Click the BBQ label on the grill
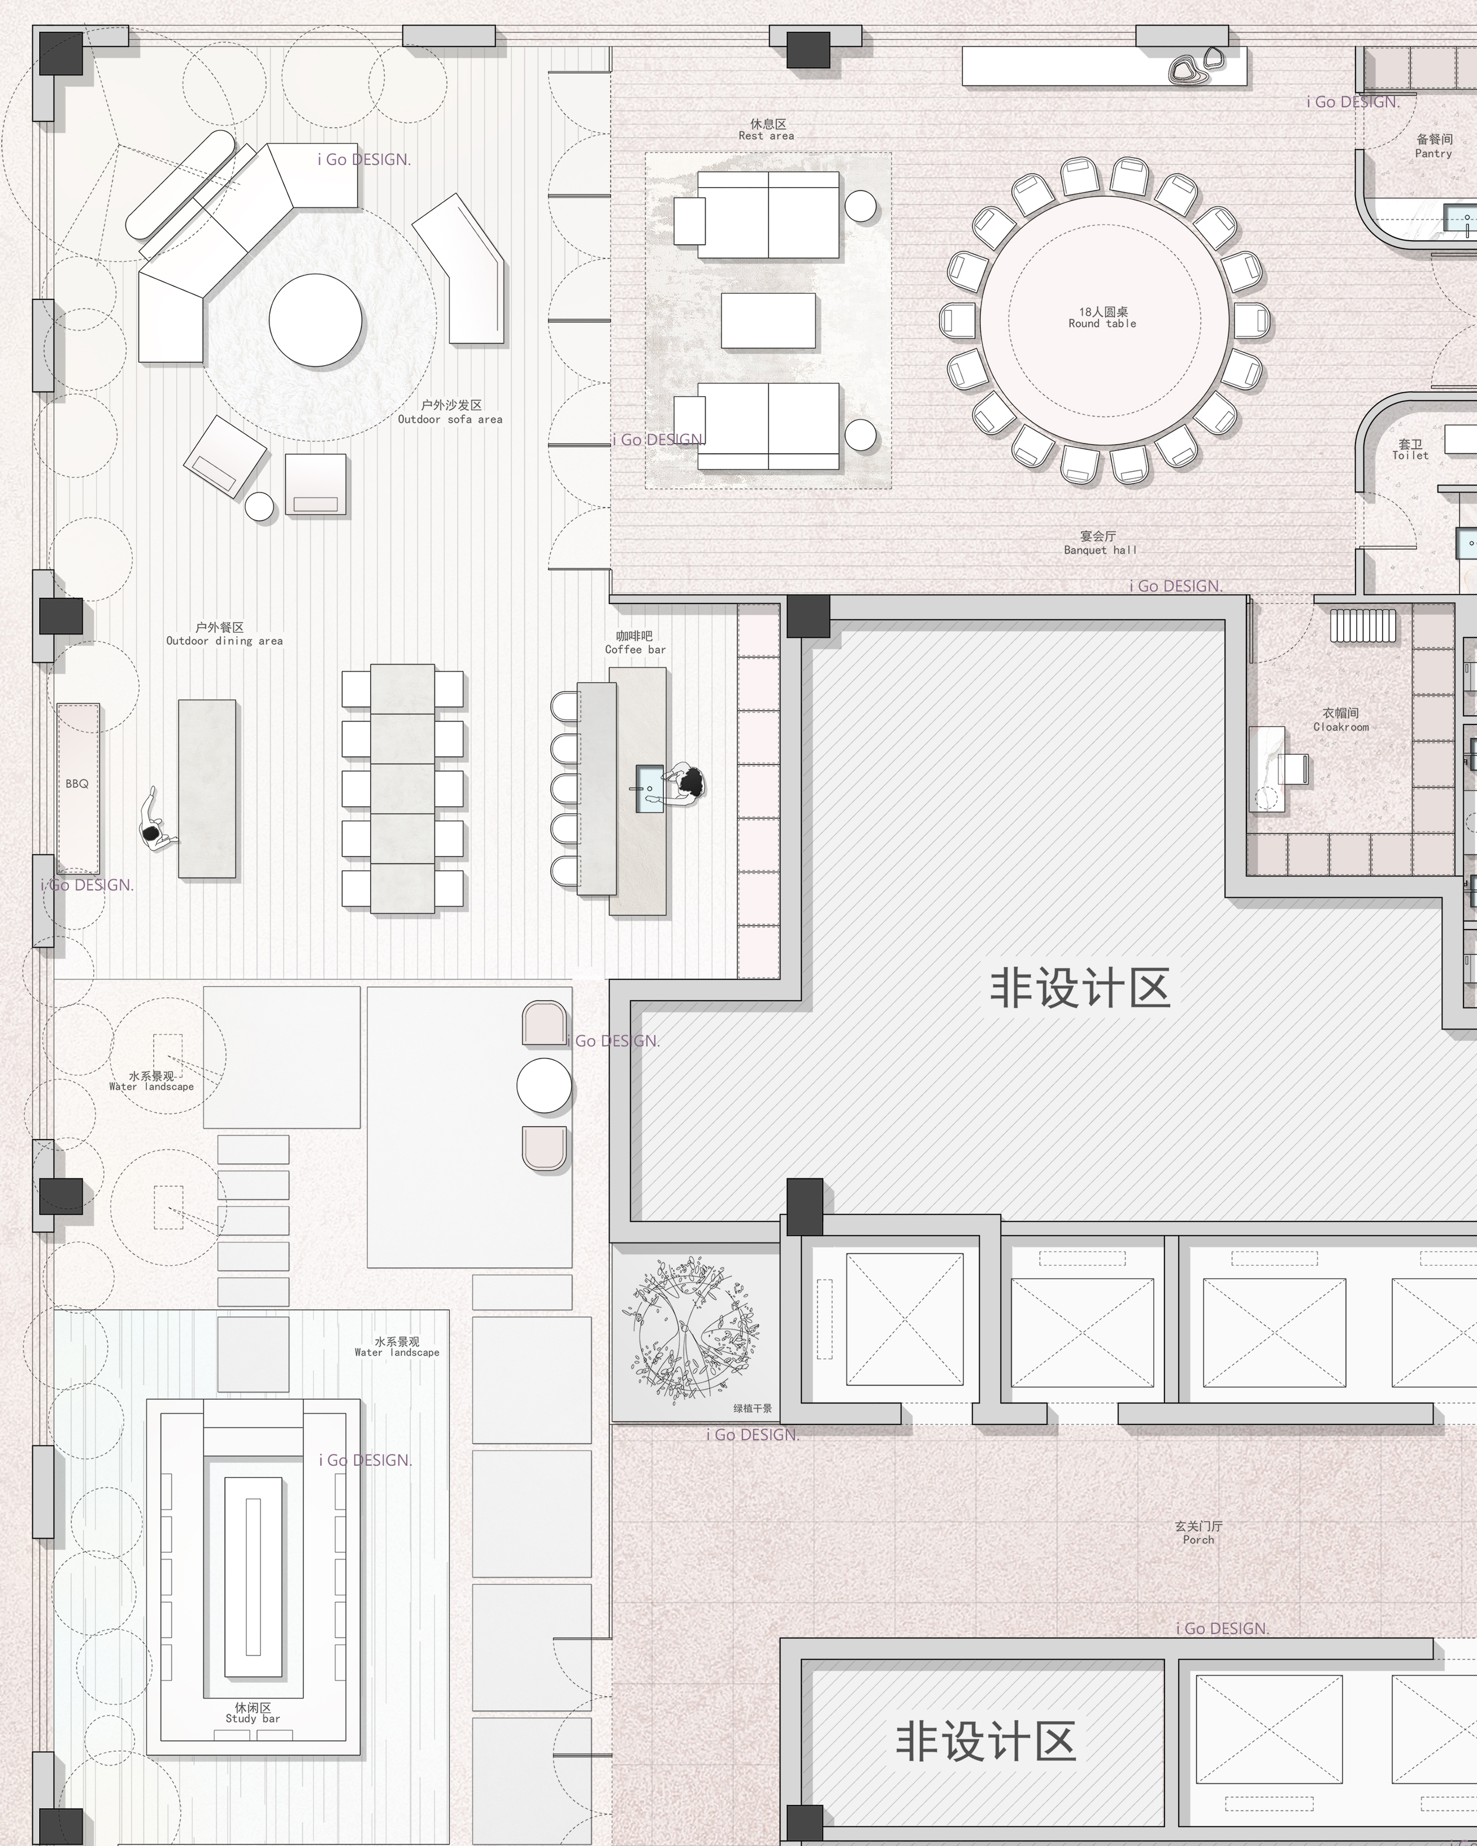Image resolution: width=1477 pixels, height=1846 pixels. (77, 784)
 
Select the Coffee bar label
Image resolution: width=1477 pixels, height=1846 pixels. (635, 643)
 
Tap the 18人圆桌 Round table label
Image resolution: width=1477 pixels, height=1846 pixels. (1102, 318)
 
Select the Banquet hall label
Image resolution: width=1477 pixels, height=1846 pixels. (1100, 543)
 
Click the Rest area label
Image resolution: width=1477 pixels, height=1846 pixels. (766, 130)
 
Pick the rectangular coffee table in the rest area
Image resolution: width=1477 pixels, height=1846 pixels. (768, 321)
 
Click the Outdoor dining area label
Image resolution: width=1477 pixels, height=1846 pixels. (224, 633)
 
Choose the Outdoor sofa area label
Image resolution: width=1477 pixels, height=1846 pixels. (450, 412)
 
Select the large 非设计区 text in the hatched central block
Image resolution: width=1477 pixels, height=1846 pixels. (1080, 988)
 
